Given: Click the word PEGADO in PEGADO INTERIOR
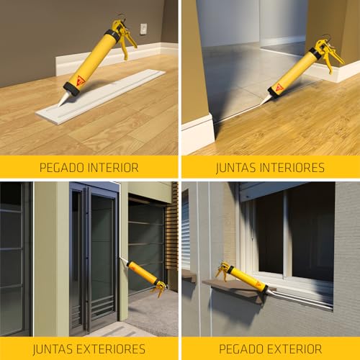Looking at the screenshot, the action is (x=63, y=167).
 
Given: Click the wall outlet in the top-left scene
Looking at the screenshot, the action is (x=143, y=29).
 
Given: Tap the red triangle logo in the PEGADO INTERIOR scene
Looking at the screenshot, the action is (x=81, y=80).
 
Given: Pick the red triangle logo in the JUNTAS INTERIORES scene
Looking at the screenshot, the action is (x=279, y=86).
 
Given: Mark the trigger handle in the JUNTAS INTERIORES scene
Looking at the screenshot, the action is (x=330, y=55).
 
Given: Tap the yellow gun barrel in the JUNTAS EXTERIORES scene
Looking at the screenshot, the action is (x=142, y=271).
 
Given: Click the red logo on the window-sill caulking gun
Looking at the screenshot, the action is (x=258, y=284).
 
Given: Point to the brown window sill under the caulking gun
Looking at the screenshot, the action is (x=234, y=291).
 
